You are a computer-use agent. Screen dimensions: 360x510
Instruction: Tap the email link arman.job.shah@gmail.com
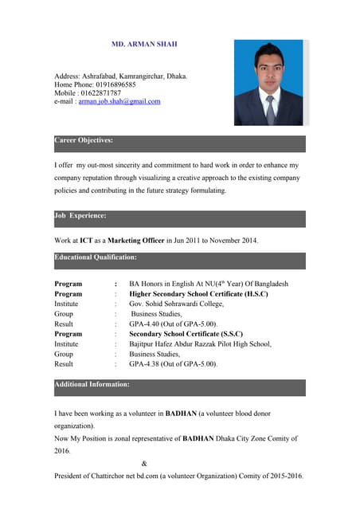(x=119, y=101)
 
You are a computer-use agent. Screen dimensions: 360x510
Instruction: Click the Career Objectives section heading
(x=84, y=140)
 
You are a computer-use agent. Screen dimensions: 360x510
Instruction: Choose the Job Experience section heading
(x=80, y=215)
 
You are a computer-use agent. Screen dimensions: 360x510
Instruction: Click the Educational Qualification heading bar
(x=96, y=257)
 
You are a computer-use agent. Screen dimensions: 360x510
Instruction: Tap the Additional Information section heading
(x=92, y=384)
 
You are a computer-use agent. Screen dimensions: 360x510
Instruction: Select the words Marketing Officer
(x=137, y=240)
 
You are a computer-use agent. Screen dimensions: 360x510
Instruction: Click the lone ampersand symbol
(x=143, y=463)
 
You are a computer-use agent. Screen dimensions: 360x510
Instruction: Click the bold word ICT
(x=87, y=240)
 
